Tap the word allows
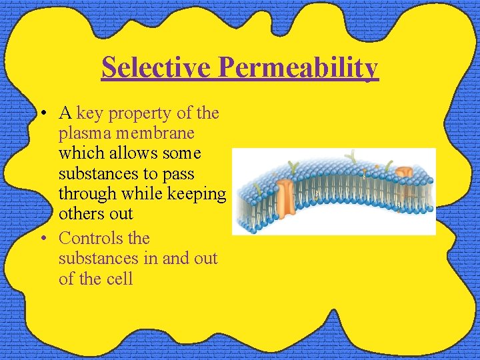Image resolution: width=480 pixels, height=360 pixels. coord(127,153)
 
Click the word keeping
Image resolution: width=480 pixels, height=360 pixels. coord(197,194)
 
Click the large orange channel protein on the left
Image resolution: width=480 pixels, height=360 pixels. coord(286,194)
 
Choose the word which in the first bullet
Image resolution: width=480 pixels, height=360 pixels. coord(76,153)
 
